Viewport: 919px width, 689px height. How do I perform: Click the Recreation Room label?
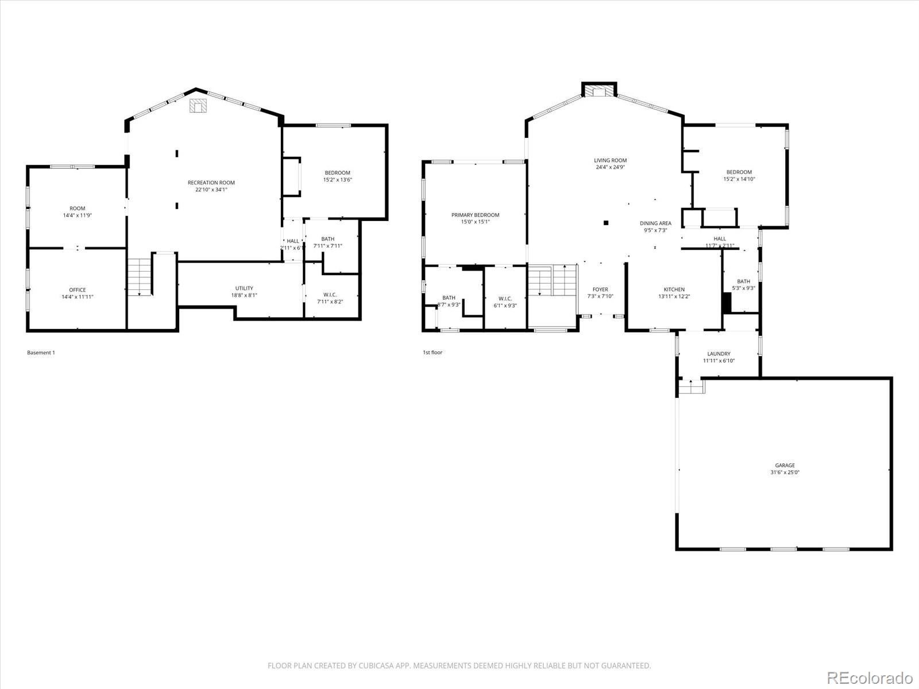[x=211, y=183]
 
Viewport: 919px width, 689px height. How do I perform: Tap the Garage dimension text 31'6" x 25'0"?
[x=785, y=473]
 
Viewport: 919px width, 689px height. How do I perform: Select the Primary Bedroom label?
[x=475, y=215]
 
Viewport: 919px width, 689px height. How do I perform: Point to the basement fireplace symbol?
[x=198, y=106]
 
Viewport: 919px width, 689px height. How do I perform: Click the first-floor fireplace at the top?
[x=599, y=91]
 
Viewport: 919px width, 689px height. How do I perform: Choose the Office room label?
[x=78, y=290]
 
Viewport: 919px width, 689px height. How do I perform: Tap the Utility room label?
[x=244, y=288]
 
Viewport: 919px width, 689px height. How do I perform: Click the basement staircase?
[x=140, y=277]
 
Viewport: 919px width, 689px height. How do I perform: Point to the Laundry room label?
[x=719, y=354]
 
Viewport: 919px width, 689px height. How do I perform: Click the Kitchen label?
[x=674, y=289]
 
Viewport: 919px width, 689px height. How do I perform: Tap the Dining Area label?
[x=655, y=223]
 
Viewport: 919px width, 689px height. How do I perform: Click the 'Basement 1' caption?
[x=41, y=353]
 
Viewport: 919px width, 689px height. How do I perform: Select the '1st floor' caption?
[x=433, y=353]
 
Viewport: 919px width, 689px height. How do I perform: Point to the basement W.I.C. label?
[x=330, y=295]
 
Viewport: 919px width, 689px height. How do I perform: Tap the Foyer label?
[x=600, y=289]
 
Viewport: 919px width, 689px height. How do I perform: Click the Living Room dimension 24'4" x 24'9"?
[x=610, y=168]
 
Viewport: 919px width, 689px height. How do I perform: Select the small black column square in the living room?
[x=605, y=223]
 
